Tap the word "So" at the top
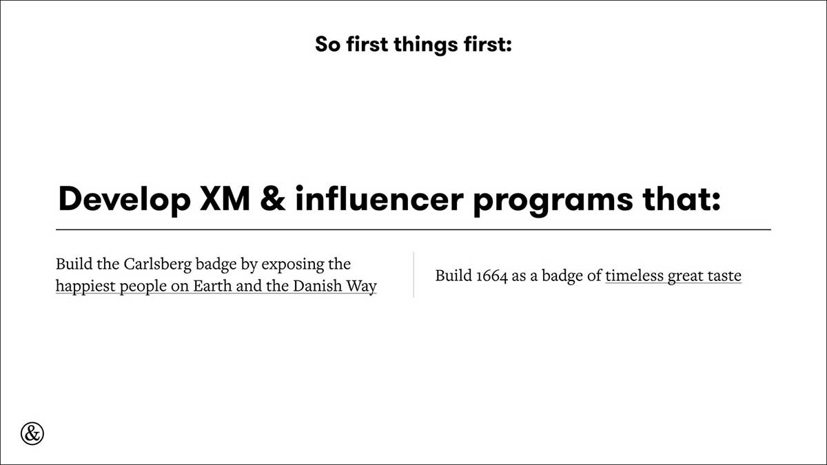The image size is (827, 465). [328, 44]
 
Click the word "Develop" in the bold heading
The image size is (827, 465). [125, 200]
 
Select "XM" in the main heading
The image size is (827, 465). [225, 199]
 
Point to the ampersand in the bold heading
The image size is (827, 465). [273, 199]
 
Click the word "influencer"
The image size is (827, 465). [380, 198]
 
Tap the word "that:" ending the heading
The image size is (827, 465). [682, 198]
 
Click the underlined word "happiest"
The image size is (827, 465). [85, 287]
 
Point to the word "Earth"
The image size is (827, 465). [212, 286]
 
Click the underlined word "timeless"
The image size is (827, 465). [634, 276]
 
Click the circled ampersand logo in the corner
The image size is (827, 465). [32, 433]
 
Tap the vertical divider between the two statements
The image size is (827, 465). [413, 275]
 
